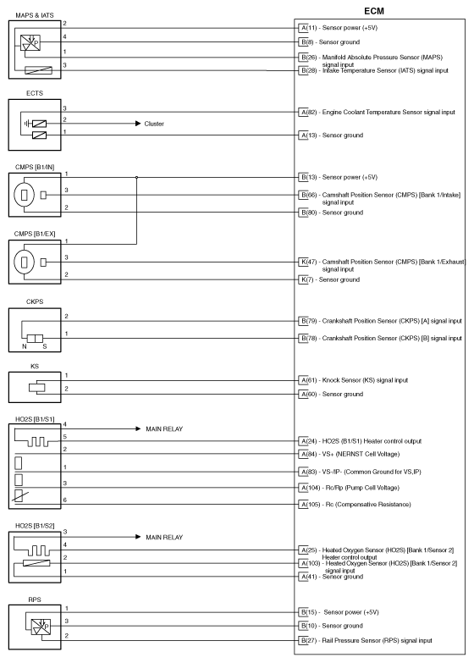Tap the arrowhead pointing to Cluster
[136, 124]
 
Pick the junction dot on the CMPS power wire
[137, 177]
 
